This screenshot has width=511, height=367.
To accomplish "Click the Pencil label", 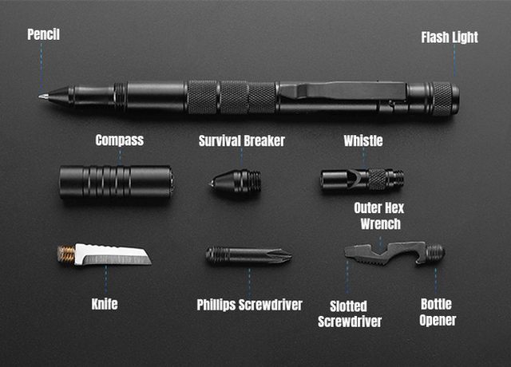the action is pos(43,34).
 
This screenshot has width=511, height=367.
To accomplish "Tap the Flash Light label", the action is pos(450,37).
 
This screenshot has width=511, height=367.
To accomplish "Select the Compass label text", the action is pos(120,140).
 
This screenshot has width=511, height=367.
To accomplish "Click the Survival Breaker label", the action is pos(242,140).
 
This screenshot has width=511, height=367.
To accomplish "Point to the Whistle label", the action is pos(363,140).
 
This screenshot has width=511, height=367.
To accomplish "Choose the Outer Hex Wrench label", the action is pos(379,216).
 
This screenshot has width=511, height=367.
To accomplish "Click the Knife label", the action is pos(105,304).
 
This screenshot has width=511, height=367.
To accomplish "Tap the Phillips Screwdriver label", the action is pos(250,305).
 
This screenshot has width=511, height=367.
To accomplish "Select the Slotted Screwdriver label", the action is pos(350,314).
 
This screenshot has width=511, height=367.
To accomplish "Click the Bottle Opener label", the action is pos(438,312).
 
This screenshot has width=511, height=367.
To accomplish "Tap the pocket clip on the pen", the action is pos(343,90).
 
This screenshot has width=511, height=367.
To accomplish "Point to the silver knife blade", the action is pos(113,255).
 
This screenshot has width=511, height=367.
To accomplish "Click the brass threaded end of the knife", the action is pos(66,254).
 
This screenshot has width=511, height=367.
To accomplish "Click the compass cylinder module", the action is pos(117,182).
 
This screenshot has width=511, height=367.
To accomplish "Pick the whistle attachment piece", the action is pos(362,180).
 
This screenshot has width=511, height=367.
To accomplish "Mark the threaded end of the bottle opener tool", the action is pos(435,252).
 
